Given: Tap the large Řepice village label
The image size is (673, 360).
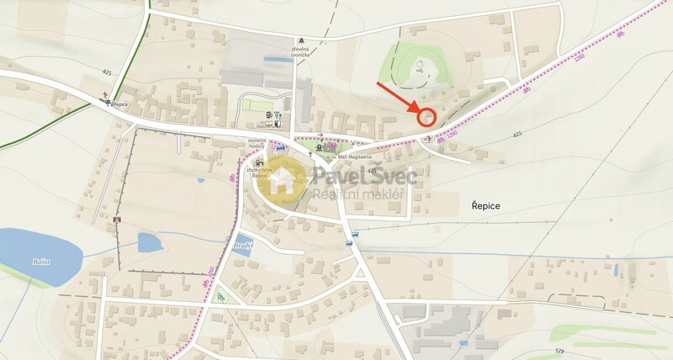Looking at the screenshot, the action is click(x=479, y=206).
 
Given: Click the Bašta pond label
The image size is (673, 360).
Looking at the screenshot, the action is click(x=41, y=262).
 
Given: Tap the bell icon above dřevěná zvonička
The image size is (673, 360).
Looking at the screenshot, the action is click(x=300, y=40).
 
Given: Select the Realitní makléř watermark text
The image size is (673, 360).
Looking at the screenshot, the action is click(x=358, y=195).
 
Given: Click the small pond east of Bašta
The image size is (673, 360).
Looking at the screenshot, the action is click(x=149, y=242).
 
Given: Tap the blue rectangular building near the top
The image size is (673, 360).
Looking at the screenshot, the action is click(x=278, y=60).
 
